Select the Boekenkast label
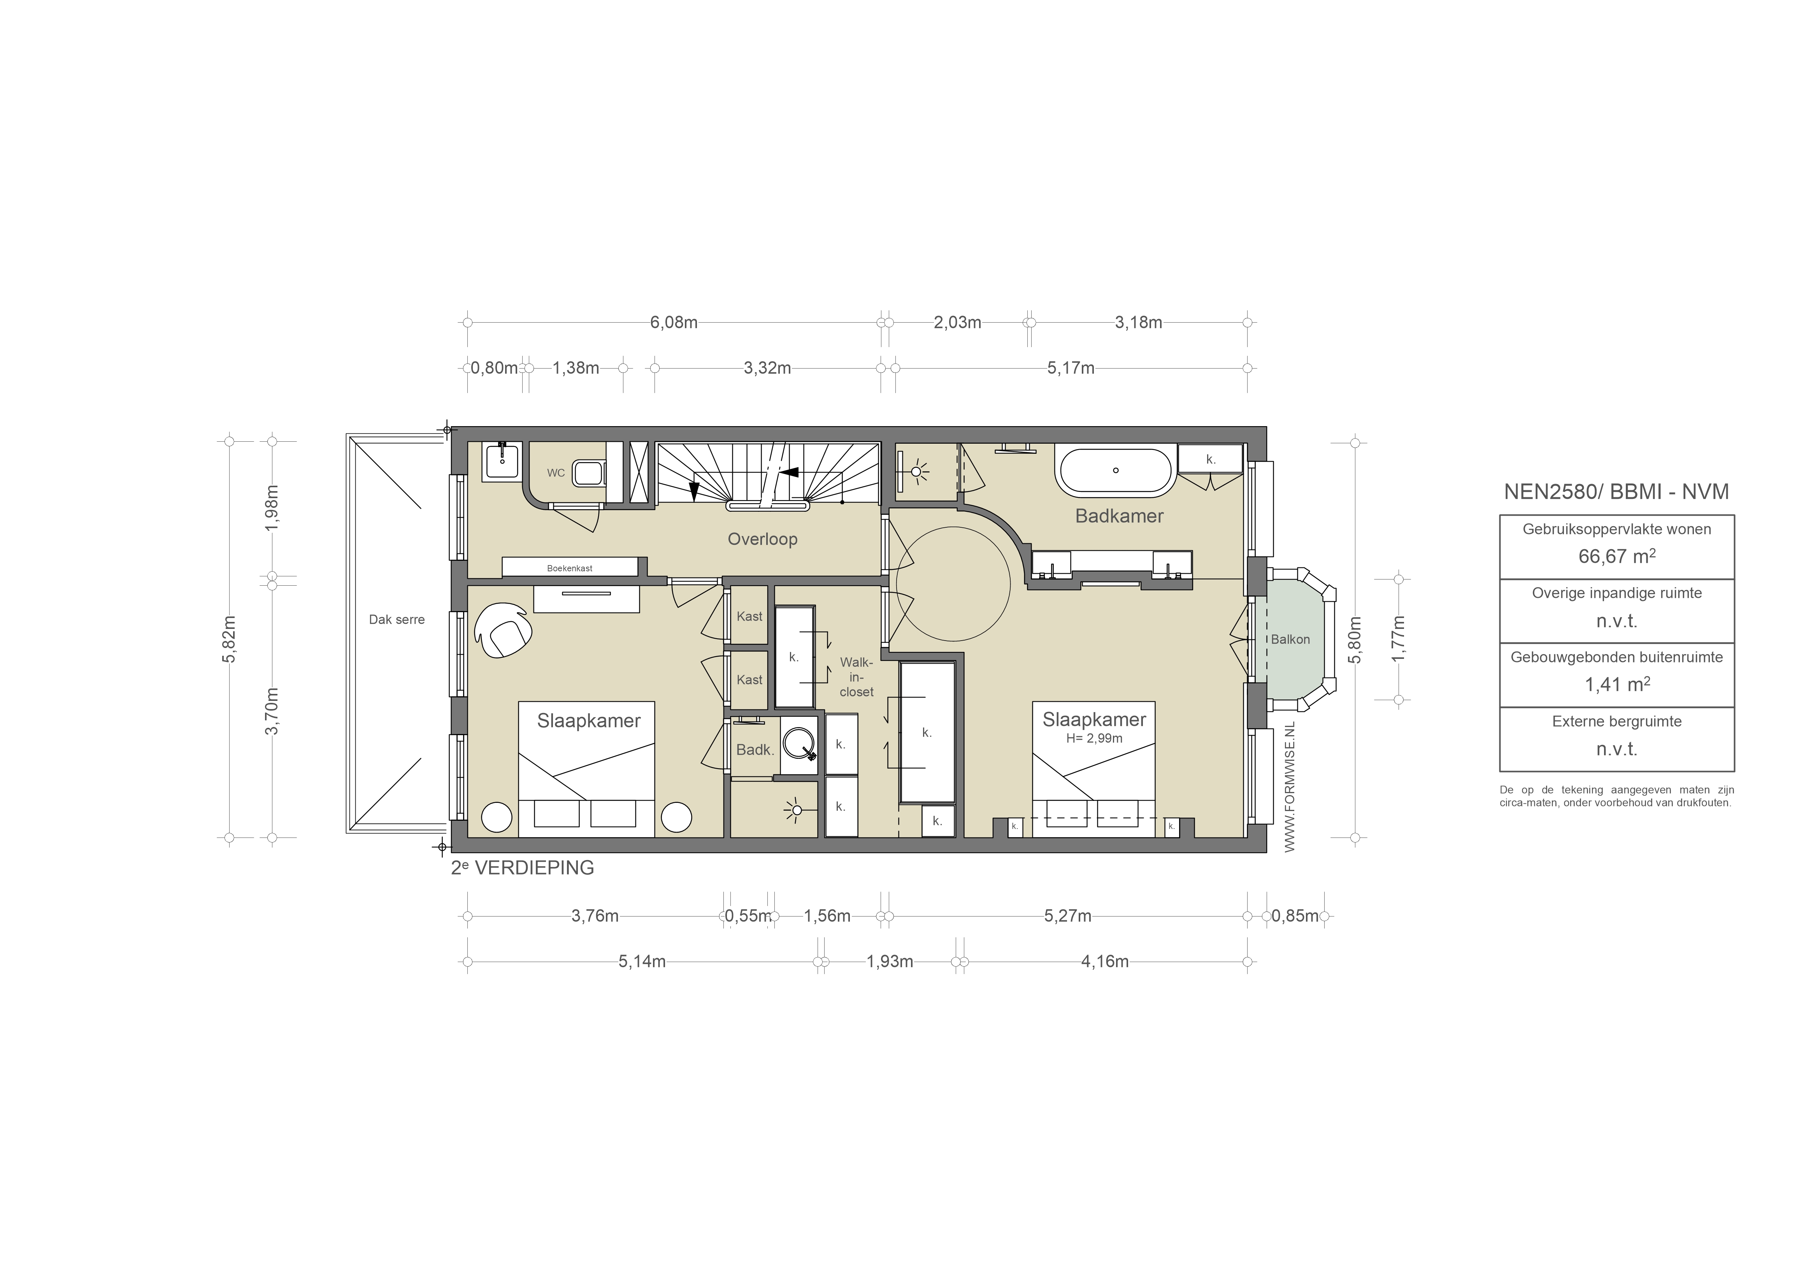coord(569,569)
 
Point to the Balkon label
coord(1290,639)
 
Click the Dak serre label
coord(397,619)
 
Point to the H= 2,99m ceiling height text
coord(1094,738)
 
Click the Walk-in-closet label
coord(856,676)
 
